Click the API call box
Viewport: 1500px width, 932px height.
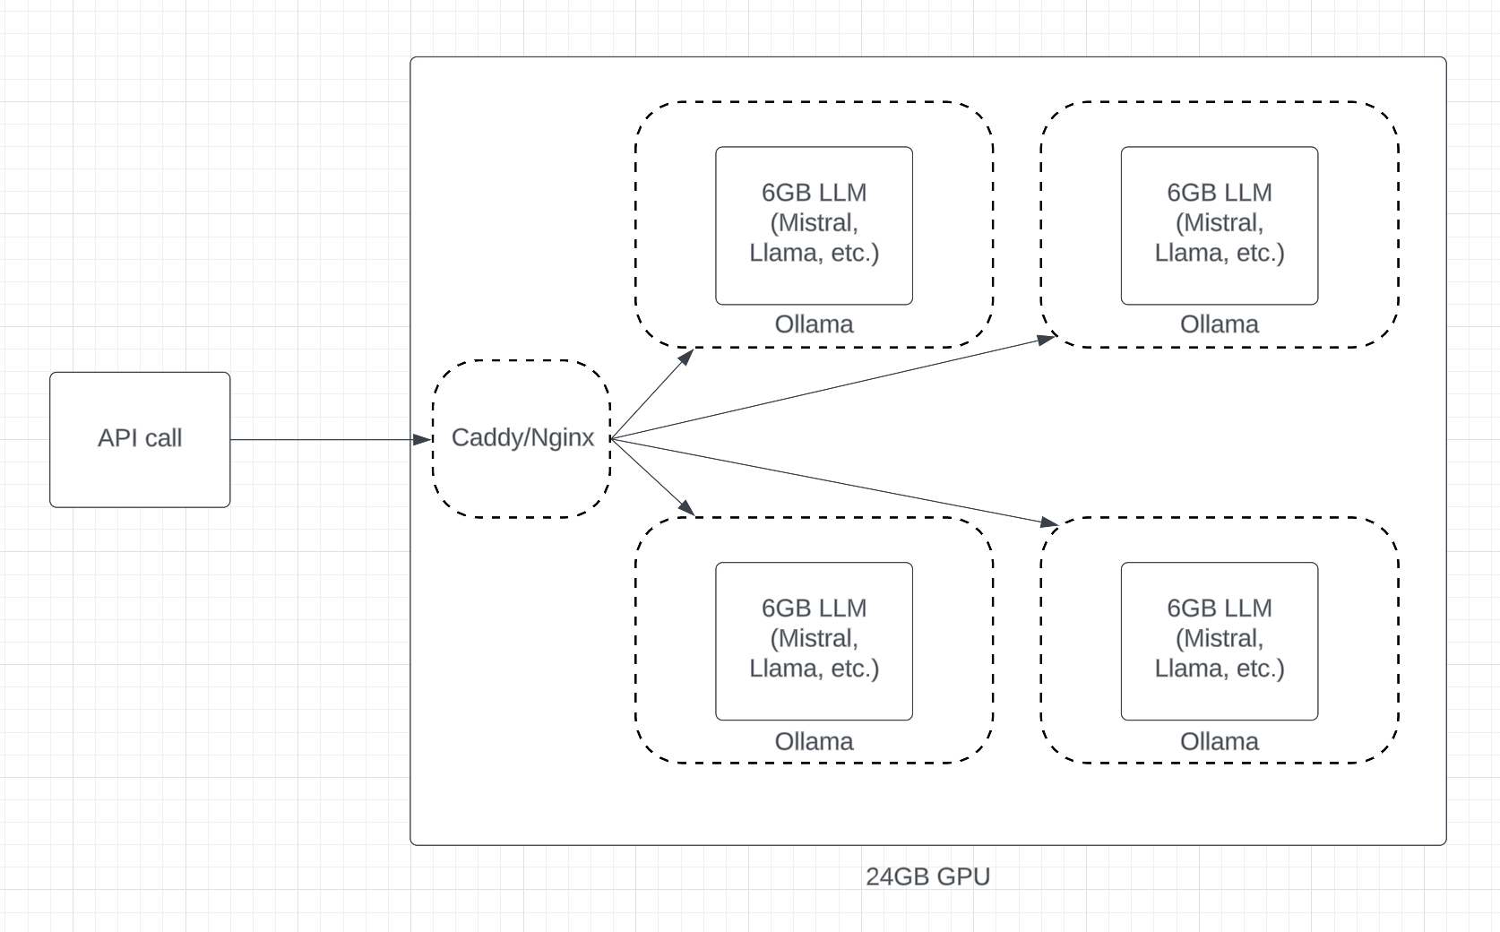(x=140, y=440)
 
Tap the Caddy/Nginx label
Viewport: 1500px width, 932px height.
(x=522, y=438)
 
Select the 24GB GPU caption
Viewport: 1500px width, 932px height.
(x=927, y=876)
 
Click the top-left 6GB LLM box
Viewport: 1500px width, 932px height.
(x=815, y=226)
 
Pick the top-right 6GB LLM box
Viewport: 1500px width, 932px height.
(x=1220, y=226)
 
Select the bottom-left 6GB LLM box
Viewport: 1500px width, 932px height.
(x=815, y=642)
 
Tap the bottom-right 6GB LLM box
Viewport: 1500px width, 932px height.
(x=1220, y=642)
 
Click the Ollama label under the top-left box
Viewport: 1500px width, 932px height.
(x=815, y=324)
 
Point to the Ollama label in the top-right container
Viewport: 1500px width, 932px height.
(x=1220, y=324)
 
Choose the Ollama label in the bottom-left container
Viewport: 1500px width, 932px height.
(x=815, y=742)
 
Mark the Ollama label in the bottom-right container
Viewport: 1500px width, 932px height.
(x=1220, y=742)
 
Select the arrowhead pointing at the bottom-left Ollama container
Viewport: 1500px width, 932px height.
(x=687, y=508)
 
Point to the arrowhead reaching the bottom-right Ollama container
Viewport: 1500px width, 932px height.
(x=1049, y=522)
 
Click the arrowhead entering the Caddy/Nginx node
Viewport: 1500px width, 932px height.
(x=422, y=440)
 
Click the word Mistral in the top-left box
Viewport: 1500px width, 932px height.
(x=815, y=223)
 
